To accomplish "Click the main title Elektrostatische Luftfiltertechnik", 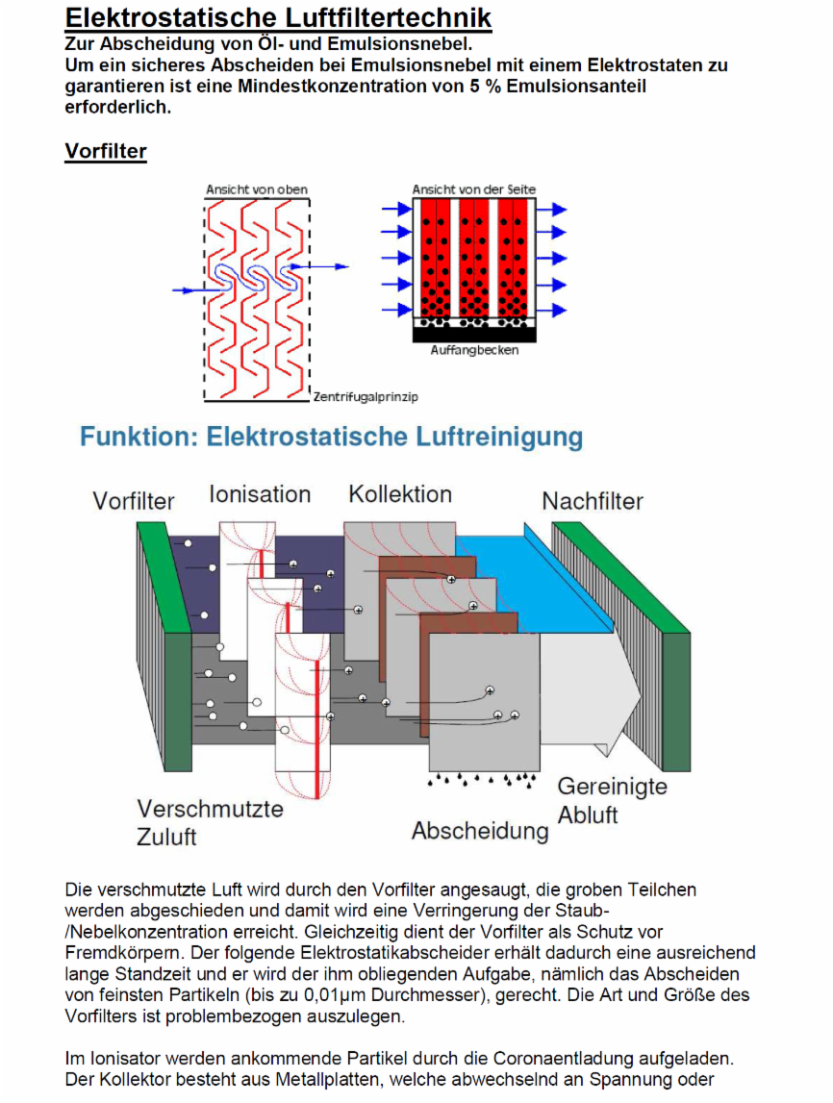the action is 278,17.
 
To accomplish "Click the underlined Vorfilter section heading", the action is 106,151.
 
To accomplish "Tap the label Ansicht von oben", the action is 257,189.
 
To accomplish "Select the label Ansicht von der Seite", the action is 473,189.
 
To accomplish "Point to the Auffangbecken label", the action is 474,350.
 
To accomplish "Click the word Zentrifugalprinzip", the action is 366,397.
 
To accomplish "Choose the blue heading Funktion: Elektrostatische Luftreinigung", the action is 331,437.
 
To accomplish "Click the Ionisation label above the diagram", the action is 260,494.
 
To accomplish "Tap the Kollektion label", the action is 400,494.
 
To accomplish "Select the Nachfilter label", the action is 593,501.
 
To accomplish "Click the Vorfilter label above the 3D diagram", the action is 134,501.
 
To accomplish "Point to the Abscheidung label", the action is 480,831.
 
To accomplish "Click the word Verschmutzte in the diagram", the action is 211,808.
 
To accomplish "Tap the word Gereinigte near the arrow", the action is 612,786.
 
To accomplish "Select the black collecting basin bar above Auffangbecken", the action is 474,335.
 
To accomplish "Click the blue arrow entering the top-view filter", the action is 193,289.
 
